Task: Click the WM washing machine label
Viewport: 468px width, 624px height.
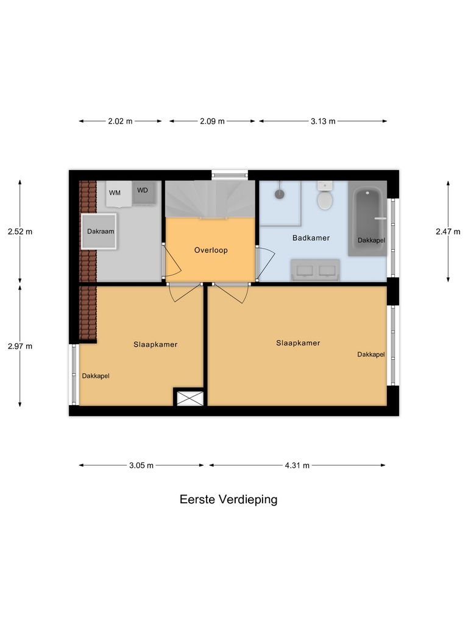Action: [115, 193]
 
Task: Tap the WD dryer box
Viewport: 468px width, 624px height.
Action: [143, 191]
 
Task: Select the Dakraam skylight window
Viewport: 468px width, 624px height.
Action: [100, 232]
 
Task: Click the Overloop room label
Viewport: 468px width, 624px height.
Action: [211, 250]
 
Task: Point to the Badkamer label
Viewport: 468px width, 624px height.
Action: [311, 238]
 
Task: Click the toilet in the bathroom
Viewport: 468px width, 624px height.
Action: [325, 197]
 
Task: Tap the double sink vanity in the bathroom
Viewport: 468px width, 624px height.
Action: [315, 269]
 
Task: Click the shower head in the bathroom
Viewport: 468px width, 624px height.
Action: [279, 194]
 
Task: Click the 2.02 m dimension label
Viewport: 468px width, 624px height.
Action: [120, 121]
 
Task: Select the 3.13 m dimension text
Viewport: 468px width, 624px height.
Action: [323, 121]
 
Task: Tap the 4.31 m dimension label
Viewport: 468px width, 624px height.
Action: [297, 466]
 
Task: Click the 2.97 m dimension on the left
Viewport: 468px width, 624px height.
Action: [20, 346]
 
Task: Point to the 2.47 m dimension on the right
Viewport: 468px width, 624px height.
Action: [448, 232]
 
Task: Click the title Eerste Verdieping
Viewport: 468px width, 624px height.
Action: [229, 500]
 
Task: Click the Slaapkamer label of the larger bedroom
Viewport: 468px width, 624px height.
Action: [298, 343]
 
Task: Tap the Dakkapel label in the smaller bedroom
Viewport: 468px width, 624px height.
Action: [96, 376]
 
